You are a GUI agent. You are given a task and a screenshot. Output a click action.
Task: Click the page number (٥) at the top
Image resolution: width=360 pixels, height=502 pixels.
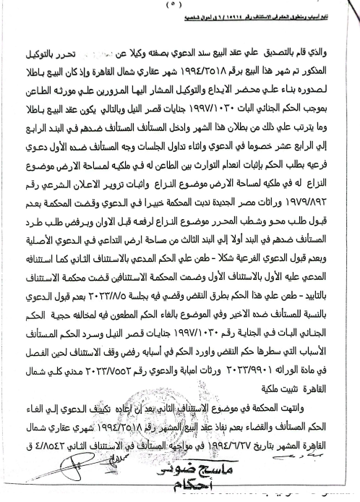coord(181,7)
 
